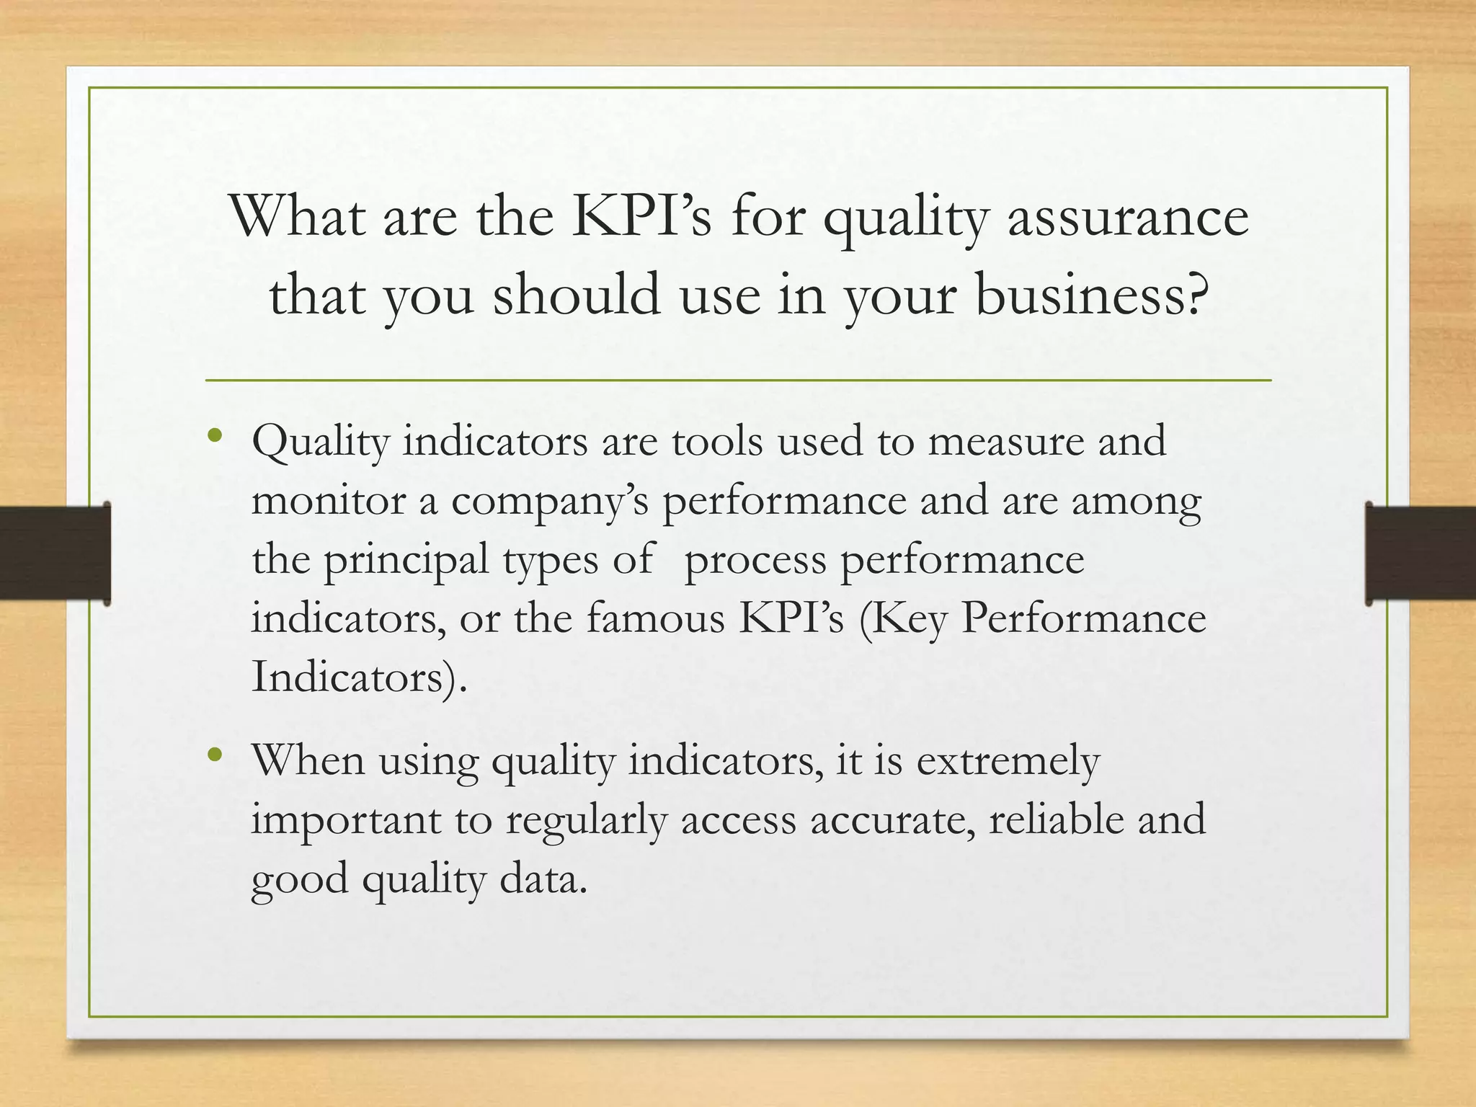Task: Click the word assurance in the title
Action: click(1127, 218)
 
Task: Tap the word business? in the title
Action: click(1090, 297)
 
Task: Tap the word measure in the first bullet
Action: click(1005, 441)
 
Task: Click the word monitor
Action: click(328, 500)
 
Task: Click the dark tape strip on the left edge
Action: click(55, 553)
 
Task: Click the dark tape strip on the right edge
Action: click(1420, 553)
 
